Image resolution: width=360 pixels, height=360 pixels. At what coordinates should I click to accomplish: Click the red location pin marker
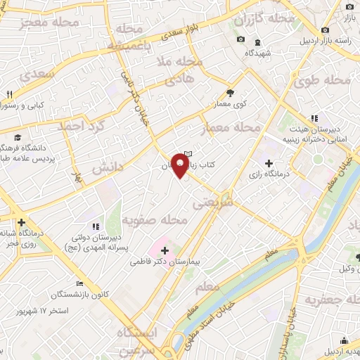click(x=181, y=167)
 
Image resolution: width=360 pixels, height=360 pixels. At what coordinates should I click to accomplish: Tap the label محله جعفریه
click(x=330, y=300)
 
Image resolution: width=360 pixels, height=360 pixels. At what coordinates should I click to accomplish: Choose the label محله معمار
click(x=231, y=129)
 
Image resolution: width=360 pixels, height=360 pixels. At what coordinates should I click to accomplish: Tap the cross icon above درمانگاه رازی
click(x=269, y=163)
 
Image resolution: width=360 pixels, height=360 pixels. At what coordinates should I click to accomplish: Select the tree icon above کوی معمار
click(x=230, y=92)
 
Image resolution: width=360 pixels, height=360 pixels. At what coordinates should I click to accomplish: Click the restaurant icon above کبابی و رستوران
click(x=9, y=94)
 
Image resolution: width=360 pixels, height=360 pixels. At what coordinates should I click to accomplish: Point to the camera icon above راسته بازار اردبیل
click(x=325, y=30)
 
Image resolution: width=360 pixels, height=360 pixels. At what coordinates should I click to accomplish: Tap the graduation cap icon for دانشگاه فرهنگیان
click(x=16, y=138)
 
